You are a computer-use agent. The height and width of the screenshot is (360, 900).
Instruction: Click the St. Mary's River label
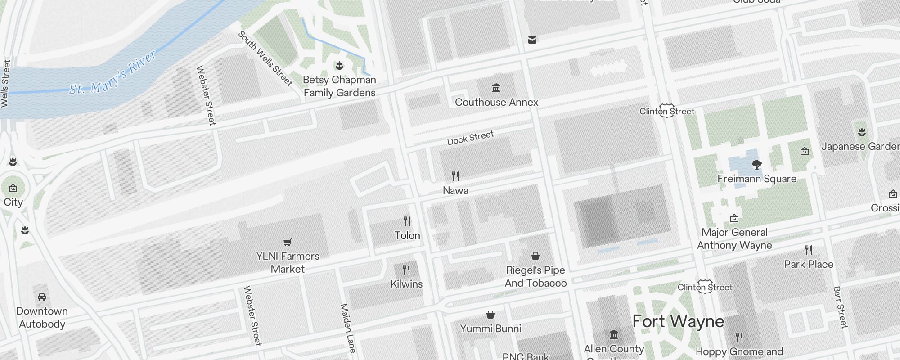click(112, 73)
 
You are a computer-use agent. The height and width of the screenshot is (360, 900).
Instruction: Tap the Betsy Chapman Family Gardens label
click(339, 86)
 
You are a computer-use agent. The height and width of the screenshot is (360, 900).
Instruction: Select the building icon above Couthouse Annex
click(496, 88)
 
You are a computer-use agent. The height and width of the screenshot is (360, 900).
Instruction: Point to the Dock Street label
click(470, 138)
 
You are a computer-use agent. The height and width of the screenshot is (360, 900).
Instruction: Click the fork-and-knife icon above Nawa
click(455, 176)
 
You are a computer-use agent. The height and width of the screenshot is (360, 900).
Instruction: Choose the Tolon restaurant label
click(407, 235)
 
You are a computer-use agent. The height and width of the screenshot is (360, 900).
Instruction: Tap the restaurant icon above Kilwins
click(406, 270)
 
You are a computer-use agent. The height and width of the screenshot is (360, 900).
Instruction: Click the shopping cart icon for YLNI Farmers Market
click(288, 242)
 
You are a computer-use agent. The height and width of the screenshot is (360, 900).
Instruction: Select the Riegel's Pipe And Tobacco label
click(535, 276)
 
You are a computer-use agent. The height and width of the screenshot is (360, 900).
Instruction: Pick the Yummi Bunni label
click(490, 328)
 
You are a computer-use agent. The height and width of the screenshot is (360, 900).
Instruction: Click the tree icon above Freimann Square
click(757, 165)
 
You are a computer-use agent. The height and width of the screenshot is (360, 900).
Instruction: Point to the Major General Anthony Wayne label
click(734, 239)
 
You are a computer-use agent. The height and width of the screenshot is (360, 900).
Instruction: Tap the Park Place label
click(809, 264)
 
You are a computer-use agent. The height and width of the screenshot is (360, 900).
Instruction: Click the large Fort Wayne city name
click(678, 321)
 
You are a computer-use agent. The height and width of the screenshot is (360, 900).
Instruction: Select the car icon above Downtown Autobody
click(42, 297)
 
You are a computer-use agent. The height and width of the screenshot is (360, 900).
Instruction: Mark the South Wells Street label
click(265, 58)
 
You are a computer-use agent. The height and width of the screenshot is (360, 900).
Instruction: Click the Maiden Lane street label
click(348, 328)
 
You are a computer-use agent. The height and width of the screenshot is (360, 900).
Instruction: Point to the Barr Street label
click(840, 307)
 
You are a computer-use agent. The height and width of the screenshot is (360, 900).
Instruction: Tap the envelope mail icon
click(532, 40)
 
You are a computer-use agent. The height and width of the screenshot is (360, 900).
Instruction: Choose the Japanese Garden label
click(860, 147)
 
